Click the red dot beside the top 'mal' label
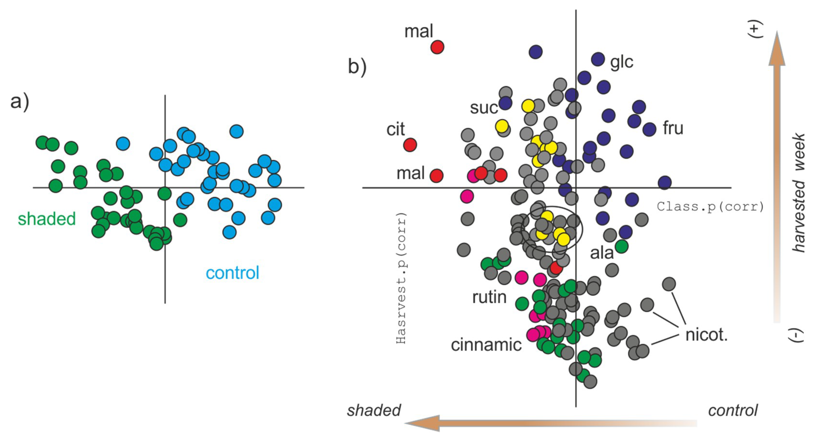(437, 47)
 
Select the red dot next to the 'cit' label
(410, 145)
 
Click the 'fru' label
(673, 128)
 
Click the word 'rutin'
(489, 297)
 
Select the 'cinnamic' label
(486, 345)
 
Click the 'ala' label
(601, 253)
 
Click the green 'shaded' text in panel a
(47, 219)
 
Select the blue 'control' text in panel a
(232, 273)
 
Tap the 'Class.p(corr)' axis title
(710, 207)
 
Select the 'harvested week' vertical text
(799, 193)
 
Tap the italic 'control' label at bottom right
(733, 410)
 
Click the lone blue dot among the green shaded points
(123, 144)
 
